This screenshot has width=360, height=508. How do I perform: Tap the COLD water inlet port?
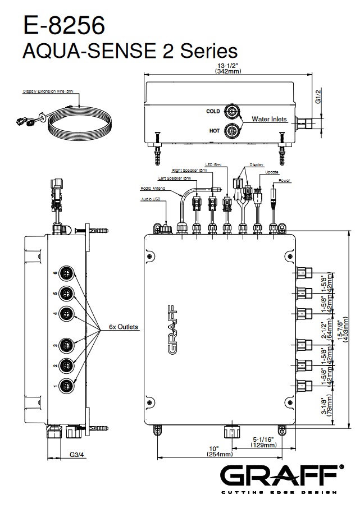[231, 111]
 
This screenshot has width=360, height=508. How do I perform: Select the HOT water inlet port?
[231, 131]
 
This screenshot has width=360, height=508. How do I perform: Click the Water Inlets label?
[269, 119]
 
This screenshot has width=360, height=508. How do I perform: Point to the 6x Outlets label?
[124, 327]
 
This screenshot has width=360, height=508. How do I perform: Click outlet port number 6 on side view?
[68, 273]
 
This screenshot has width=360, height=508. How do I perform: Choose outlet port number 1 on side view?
[68, 385]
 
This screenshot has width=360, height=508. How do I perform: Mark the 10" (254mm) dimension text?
[213, 451]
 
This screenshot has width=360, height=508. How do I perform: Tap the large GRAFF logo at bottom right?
[281, 477]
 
